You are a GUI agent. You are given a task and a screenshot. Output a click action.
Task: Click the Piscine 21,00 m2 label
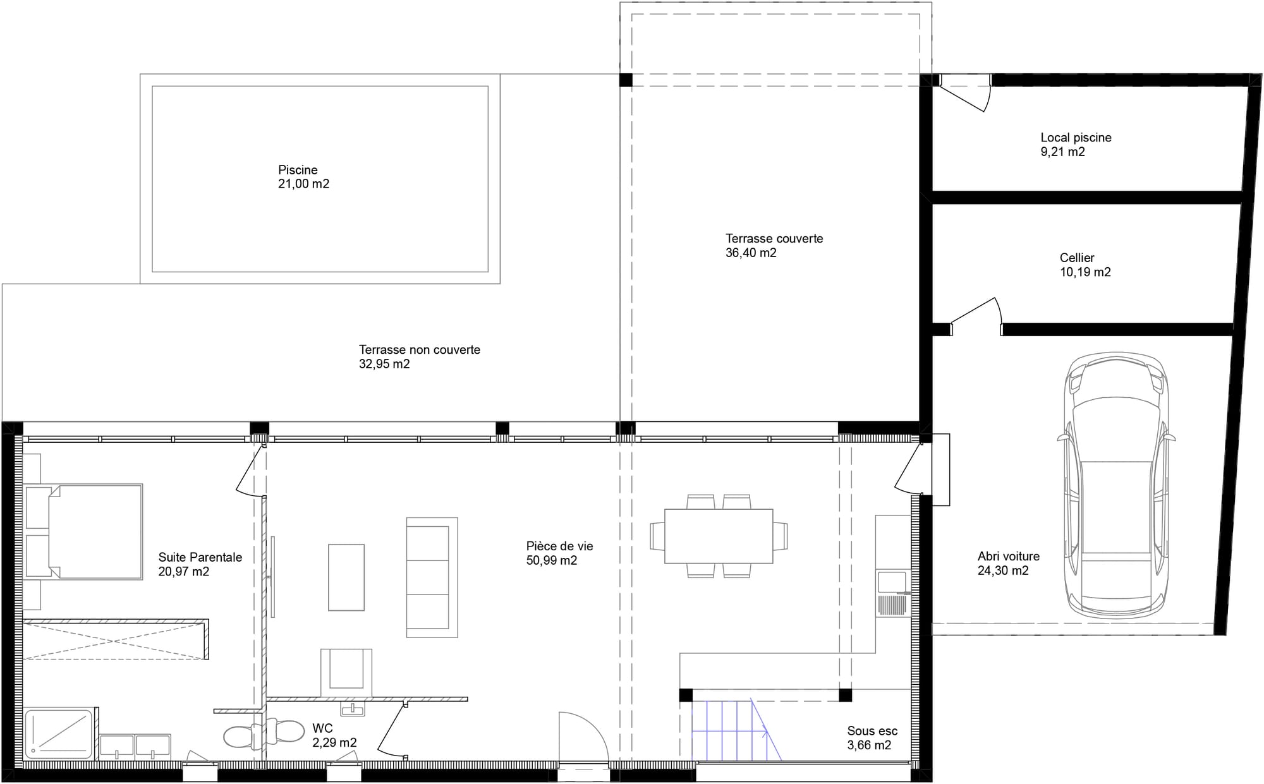click(303, 177)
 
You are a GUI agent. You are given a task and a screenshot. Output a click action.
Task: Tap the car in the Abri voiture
click(1116, 486)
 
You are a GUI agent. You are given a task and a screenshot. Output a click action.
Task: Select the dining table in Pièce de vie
click(719, 536)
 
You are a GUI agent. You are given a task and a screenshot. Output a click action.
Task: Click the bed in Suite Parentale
click(95, 532)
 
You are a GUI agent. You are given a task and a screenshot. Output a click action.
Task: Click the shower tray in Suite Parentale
click(59, 733)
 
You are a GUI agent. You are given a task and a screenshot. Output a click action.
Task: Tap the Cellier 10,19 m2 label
click(1085, 265)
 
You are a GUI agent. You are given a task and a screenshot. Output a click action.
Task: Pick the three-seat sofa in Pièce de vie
click(432, 577)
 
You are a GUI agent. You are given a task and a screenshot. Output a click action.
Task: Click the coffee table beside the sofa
click(346, 577)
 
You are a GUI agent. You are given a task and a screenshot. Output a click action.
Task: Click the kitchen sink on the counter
click(892, 582)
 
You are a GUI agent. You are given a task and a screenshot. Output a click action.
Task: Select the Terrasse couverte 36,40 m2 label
click(774, 246)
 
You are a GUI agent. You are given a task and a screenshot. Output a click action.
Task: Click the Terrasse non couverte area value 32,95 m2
click(384, 365)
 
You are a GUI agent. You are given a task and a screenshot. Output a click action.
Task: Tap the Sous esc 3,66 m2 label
click(872, 738)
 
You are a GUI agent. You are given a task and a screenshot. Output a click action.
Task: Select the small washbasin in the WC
click(352, 709)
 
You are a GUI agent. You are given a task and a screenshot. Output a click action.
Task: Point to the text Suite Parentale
click(200, 557)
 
